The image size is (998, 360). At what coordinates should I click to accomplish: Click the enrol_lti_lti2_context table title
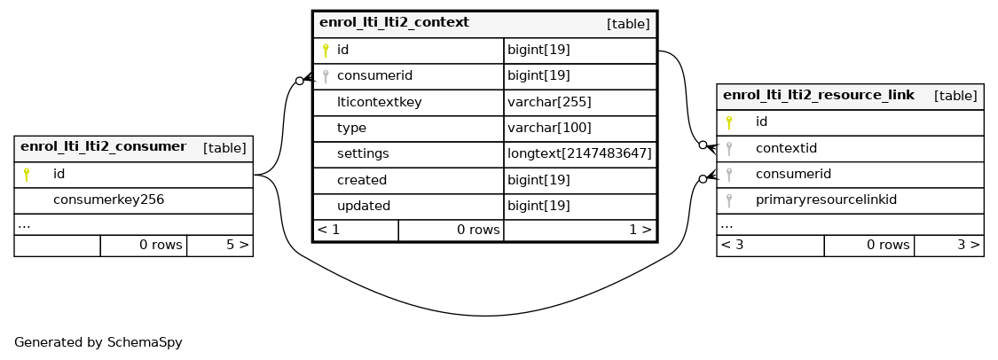pos(394,23)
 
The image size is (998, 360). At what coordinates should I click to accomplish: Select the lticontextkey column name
pos(380,102)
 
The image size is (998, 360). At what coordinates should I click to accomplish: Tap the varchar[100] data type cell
pos(549,129)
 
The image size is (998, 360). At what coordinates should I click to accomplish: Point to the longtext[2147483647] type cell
pos(579,154)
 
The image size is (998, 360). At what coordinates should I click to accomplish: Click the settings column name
pos(363,154)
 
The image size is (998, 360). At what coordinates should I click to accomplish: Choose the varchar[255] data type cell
pos(549,102)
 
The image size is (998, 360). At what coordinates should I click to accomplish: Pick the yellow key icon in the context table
pos(326,51)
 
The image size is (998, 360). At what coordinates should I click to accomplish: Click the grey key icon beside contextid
pos(729,149)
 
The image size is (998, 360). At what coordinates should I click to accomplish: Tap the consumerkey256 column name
pos(109,200)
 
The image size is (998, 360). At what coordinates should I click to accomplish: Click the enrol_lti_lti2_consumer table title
pos(103,147)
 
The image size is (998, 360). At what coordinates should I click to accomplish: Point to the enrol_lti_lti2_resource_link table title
pos(819,96)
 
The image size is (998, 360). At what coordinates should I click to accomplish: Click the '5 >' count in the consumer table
pos(238,245)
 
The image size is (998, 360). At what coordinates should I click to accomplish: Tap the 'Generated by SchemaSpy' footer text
pos(98,343)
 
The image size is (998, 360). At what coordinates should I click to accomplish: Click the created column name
pos(362,181)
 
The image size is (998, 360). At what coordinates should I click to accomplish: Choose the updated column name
pos(364,207)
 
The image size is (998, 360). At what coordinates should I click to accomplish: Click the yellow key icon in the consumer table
pos(26,175)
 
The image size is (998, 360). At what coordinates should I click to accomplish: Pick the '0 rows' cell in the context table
pos(479,230)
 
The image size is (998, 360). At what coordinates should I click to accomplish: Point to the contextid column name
pos(786,149)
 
